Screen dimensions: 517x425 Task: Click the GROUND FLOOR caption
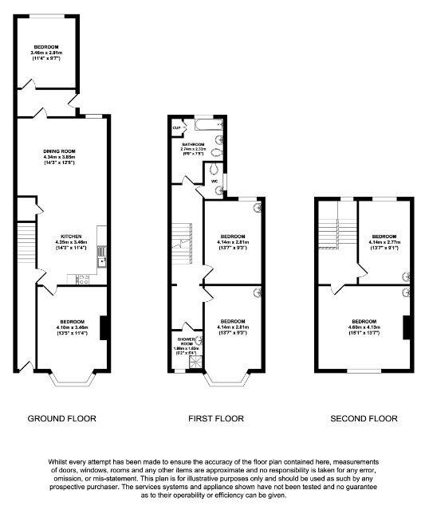(x=61, y=418)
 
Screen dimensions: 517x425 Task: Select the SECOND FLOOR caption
(x=364, y=418)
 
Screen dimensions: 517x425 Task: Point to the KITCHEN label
(x=68, y=236)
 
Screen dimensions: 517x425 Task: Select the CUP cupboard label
(x=176, y=127)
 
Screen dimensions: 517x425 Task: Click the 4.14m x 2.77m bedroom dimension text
(x=384, y=242)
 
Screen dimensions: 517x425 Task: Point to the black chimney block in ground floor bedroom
(x=103, y=328)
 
